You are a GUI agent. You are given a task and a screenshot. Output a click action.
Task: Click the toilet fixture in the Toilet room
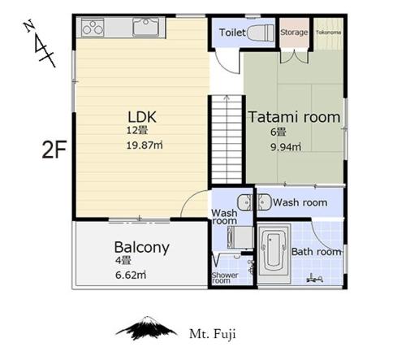261,33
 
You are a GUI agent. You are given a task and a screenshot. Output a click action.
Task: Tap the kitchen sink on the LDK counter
145,27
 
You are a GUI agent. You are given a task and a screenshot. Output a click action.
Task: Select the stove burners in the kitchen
93,28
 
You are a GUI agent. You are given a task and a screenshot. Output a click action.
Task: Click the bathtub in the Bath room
274,254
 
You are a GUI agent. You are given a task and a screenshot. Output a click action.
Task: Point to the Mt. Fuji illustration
146,328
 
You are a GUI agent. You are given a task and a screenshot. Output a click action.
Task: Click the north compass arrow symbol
40,43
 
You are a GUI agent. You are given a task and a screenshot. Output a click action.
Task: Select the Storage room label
294,33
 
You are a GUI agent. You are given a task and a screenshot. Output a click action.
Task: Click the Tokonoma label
329,33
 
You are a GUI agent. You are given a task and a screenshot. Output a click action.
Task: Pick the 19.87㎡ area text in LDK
145,145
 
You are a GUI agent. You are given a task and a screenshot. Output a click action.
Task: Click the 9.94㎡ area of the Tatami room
286,147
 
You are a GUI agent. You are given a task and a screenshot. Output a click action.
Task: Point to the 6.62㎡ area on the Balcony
131,275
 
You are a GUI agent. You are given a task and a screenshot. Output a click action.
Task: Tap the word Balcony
142,247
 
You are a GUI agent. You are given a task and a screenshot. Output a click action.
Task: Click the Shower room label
225,278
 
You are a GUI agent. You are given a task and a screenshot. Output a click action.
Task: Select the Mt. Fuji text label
213,334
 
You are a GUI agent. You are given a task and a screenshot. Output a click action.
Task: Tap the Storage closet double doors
294,56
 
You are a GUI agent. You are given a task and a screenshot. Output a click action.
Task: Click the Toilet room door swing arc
227,63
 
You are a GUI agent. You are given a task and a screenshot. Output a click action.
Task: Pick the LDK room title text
142,117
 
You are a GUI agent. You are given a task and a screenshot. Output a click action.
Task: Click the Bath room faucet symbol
315,279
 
